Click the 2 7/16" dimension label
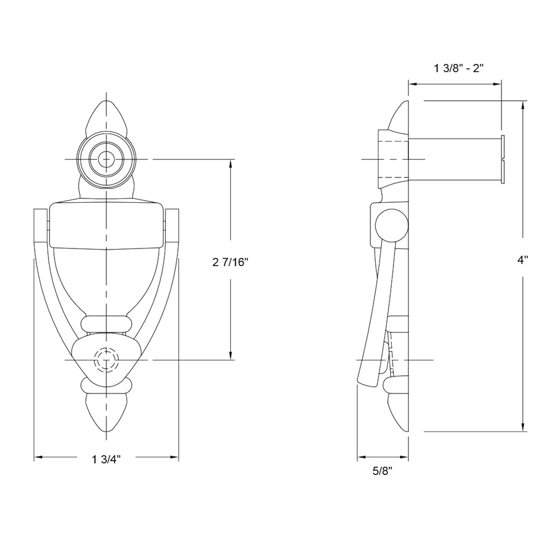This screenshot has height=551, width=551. (x=231, y=262)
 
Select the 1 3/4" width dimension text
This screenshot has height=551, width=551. (x=105, y=460)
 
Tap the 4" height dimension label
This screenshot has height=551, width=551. (x=523, y=260)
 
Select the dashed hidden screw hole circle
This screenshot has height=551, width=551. (x=106, y=359)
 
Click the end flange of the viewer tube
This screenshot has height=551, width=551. (x=503, y=160)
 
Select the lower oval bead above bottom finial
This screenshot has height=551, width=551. (x=106, y=386)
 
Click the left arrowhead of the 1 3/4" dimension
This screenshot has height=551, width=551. (x=38, y=458)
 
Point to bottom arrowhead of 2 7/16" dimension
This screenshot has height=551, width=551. (x=231, y=355)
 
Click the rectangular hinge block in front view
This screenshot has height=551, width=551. (x=106, y=226)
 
